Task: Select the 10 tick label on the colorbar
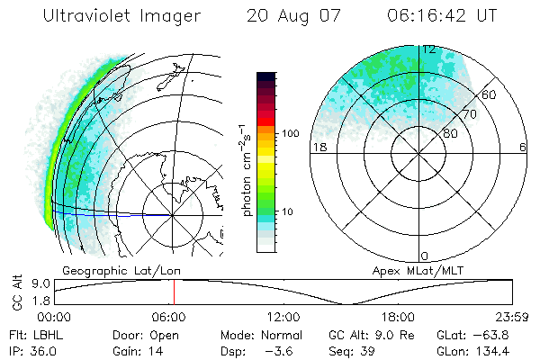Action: pyautogui.click(x=289, y=211)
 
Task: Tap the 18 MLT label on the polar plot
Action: pyautogui.click(x=318, y=147)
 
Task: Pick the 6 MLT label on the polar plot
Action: pyautogui.click(x=523, y=147)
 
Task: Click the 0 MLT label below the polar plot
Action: pyautogui.click(x=425, y=256)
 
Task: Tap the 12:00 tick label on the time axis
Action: pyautogui.click(x=283, y=317)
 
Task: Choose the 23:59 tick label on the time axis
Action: pyautogui.click(x=510, y=317)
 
